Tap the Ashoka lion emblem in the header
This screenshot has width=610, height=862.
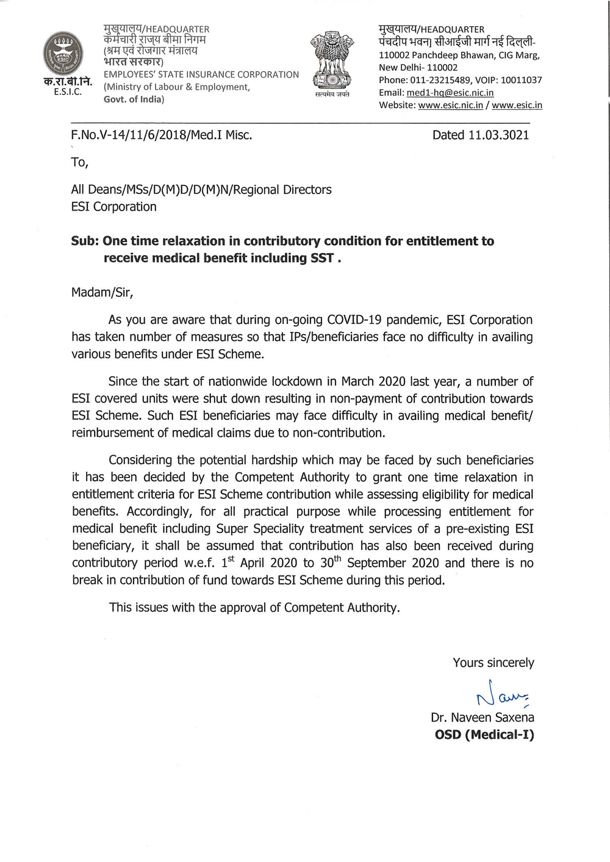(x=332, y=59)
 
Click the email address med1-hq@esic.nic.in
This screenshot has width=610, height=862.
(x=450, y=93)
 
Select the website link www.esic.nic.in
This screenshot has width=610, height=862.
(x=450, y=105)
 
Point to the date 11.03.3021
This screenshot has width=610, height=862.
(x=498, y=135)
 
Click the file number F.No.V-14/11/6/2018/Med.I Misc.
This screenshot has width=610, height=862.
(x=162, y=135)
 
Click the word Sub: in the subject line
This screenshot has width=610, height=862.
(x=85, y=241)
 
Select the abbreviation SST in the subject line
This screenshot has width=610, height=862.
(x=321, y=258)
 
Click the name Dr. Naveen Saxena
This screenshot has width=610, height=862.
(x=482, y=717)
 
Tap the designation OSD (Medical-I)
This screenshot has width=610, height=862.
(x=484, y=734)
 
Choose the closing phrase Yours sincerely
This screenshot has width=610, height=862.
(x=493, y=663)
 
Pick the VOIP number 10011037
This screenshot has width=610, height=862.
(x=521, y=80)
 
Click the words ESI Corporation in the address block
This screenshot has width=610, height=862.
(x=114, y=207)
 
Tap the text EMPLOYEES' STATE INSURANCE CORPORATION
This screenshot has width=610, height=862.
(x=201, y=74)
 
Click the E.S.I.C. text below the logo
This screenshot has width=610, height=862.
(x=67, y=92)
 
